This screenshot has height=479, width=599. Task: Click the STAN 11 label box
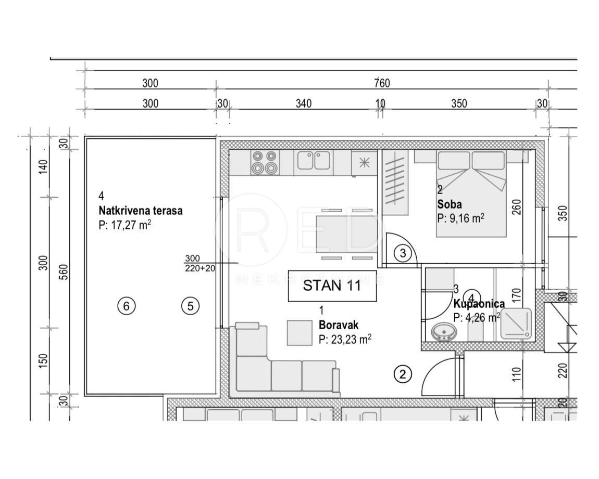click(x=332, y=286)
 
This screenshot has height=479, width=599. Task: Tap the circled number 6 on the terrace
click(x=126, y=306)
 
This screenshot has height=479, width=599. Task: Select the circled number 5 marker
click(x=190, y=306)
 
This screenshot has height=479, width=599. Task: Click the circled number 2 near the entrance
click(x=402, y=373)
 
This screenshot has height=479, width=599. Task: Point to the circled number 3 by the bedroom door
click(x=403, y=253)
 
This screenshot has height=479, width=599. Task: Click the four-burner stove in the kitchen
click(x=264, y=162)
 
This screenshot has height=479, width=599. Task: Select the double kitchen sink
click(x=314, y=161)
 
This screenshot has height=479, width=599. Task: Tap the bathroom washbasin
click(x=444, y=331)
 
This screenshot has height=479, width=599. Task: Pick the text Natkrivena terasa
click(x=140, y=211)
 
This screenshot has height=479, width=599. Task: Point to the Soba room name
click(x=449, y=204)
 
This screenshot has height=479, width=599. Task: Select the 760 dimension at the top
click(x=382, y=83)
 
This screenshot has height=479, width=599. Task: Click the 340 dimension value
click(x=304, y=103)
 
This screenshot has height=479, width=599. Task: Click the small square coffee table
click(x=300, y=332)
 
